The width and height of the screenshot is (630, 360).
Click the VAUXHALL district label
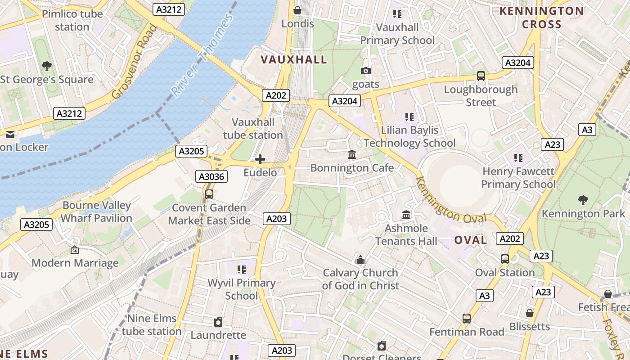(294, 60)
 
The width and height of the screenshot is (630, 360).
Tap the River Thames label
(203, 55)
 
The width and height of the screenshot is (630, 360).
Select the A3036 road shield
(211, 176)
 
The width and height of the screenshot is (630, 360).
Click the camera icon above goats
(366, 71)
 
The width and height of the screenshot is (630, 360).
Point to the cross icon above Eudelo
(260, 159)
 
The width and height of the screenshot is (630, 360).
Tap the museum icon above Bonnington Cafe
(352, 155)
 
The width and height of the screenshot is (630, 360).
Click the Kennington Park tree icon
(583, 200)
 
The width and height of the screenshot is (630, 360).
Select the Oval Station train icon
(505, 259)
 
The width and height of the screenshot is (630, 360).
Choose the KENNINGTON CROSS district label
(542, 18)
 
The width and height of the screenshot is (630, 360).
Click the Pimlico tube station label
(72, 20)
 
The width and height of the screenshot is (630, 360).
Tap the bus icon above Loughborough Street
(481, 76)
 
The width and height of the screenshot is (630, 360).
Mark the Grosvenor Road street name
(134, 62)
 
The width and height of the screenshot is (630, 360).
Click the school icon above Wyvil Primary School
(242, 270)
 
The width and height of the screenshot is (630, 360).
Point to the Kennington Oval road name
(450, 201)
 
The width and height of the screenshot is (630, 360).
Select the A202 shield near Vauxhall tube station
(275, 95)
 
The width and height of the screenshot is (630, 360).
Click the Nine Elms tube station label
(152, 325)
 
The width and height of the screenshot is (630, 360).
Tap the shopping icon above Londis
(297, 10)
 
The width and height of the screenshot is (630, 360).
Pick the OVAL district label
(470, 240)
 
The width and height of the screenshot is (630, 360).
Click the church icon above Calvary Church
(360, 260)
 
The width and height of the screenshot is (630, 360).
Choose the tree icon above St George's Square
(47, 67)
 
